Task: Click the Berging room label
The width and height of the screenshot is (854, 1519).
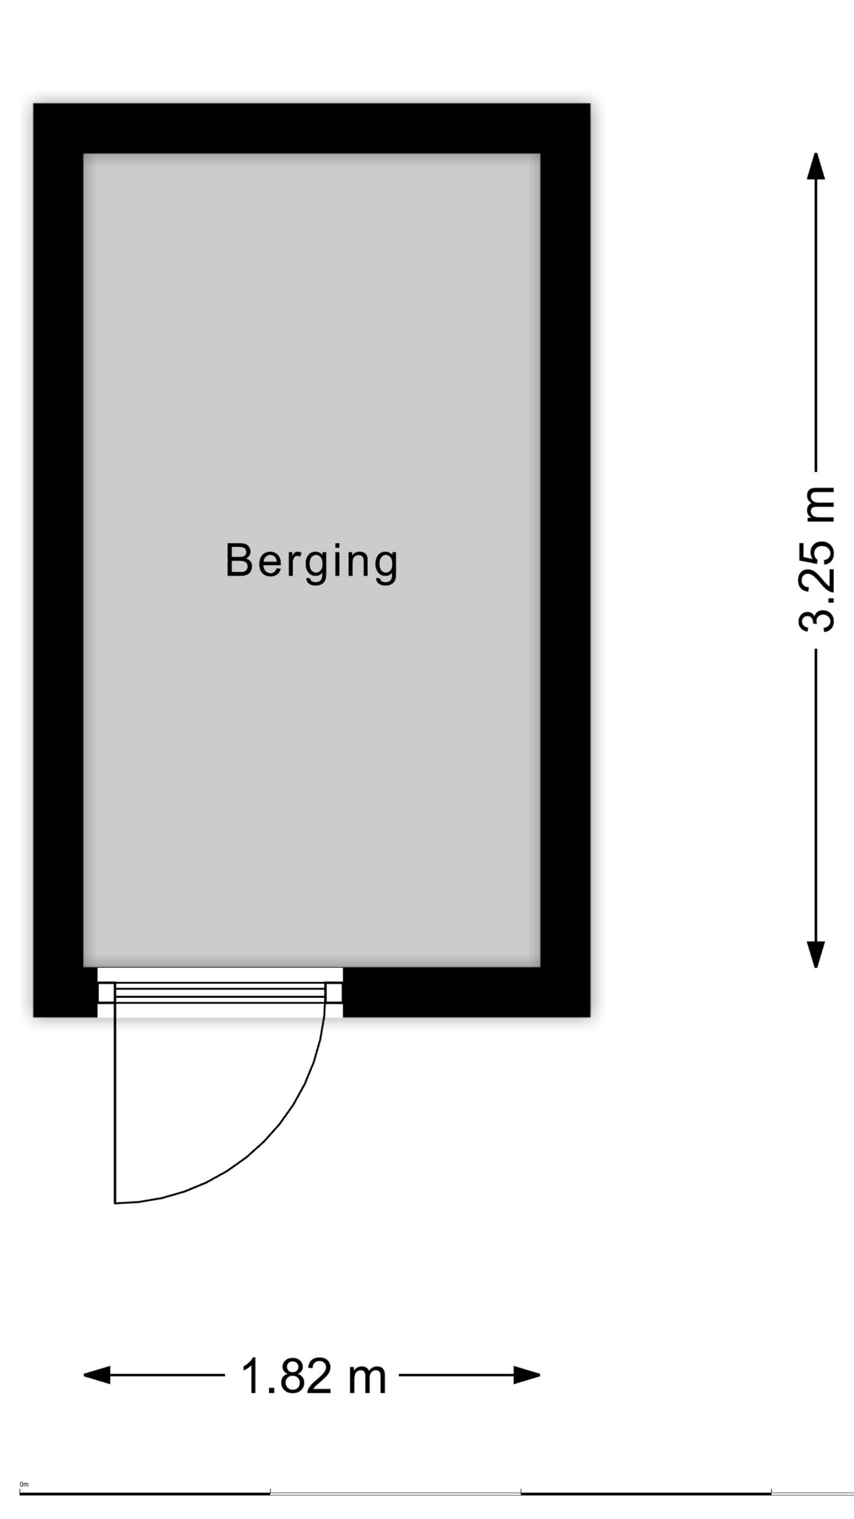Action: tap(311, 561)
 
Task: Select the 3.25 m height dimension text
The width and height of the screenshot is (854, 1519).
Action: tap(817, 560)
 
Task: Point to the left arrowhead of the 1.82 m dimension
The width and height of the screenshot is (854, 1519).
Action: tap(97, 1375)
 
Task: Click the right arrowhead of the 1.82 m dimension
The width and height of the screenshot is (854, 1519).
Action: tap(527, 1375)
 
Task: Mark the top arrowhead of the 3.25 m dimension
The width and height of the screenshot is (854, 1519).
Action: tap(816, 166)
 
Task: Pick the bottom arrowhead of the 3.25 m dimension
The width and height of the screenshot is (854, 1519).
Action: tap(816, 954)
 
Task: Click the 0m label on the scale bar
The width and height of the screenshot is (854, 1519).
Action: tap(24, 1485)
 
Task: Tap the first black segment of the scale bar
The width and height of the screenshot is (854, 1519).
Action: tap(145, 1493)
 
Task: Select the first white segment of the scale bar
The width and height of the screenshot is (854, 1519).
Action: tap(396, 1493)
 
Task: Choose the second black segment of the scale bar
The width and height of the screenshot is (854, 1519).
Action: tap(646, 1493)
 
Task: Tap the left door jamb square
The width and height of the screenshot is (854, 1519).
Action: tap(106, 993)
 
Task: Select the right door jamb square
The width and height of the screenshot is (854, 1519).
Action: tap(334, 993)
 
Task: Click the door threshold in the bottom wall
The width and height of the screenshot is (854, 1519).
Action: tap(220, 992)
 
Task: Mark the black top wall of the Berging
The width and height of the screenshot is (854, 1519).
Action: tap(312, 129)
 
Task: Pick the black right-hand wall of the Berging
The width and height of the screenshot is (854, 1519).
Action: tap(565, 560)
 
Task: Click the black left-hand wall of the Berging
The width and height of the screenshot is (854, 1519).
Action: tap(58, 560)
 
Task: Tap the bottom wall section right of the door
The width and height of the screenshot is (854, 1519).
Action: tap(467, 992)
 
